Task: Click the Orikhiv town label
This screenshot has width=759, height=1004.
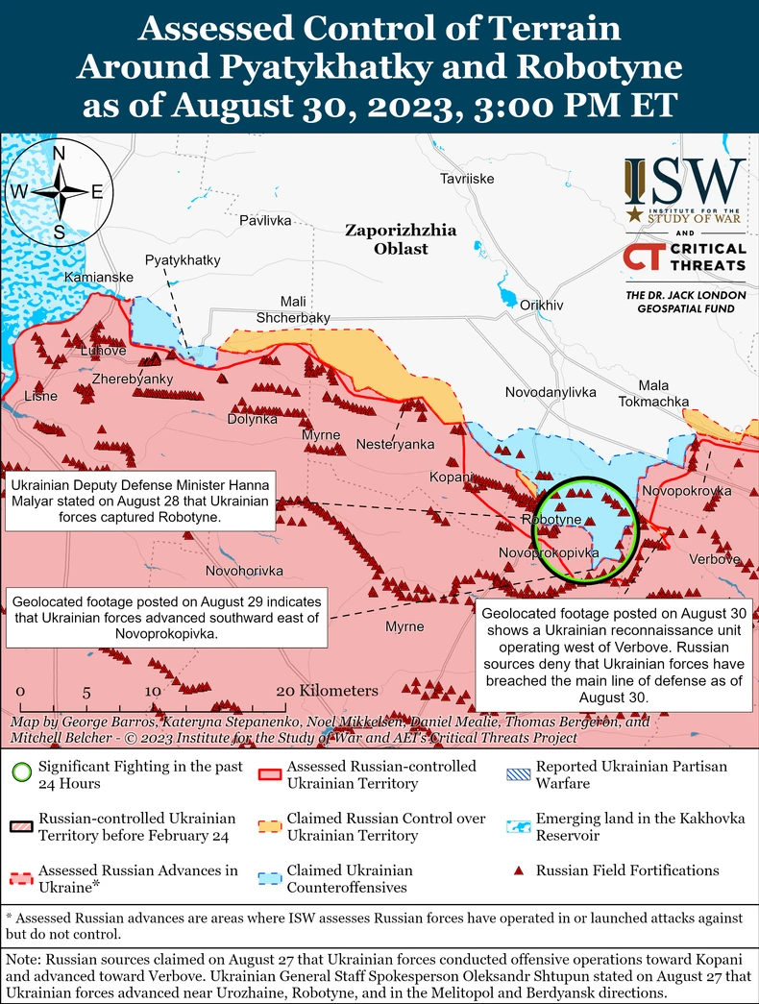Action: coord(541,305)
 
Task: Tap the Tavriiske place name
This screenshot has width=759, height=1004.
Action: coord(467,180)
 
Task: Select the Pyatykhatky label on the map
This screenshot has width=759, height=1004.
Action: coord(183,260)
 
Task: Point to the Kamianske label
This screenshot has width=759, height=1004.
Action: coord(93,278)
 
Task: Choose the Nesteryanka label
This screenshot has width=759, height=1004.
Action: coord(395,444)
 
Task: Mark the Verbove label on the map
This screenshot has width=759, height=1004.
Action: coord(714,559)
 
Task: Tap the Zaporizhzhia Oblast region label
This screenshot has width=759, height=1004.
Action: coord(401,239)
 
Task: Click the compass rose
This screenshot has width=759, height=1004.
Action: coord(59,191)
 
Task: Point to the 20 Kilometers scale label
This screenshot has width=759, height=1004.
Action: coord(327,691)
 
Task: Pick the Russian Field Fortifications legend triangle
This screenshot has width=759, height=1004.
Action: coord(518,871)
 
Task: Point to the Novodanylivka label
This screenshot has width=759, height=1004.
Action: coord(551,393)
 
